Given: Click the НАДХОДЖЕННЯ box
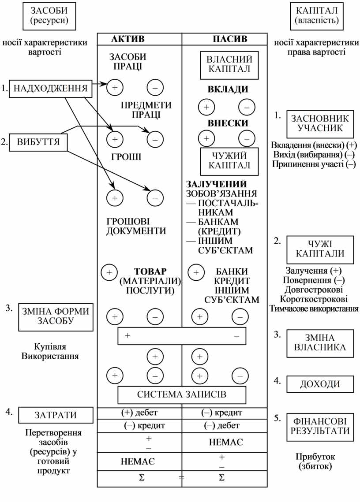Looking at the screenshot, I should pyautogui.click(x=51, y=89).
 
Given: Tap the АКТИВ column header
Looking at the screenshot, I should pyautogui.click(x=127, y=39).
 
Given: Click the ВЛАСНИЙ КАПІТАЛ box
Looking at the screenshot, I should pyautogui.click(x=229, y=64).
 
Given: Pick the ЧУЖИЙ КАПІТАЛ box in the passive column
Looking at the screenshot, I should pyautogui.click(x=229, y=160).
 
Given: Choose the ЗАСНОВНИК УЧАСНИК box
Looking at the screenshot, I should pyautogui.click(x=320, y=123).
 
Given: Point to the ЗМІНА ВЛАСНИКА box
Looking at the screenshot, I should pyautogui.click(x=320, y=342).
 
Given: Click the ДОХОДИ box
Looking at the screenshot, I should pyautogui.click(x=320, y=384).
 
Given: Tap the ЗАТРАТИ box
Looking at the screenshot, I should pyautogui.click(x=56, y=415).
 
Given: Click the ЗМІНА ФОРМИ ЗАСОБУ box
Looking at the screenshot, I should pyautogui.click(x=56, y=316).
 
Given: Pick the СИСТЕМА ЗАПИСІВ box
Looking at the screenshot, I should pyautogui.click(x=182, y=394).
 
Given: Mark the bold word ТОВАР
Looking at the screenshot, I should pyautogui.click(x=151, y=271).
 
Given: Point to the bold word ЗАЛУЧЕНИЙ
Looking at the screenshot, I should pyautogui.click(x=216, y=184).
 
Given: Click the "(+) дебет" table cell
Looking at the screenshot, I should pyautogui.click(x=139, y=413).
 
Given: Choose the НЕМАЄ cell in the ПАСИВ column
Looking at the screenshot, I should pyautogui.click(x=226, y=442).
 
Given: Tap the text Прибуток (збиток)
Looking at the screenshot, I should pyautogui.click(x=315, y=461).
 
